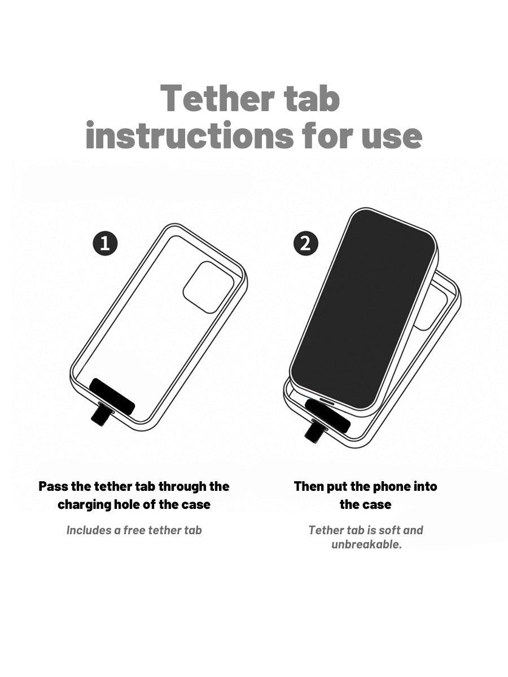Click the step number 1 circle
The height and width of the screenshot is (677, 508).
point(105,243)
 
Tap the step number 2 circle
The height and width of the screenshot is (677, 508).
point(305,244)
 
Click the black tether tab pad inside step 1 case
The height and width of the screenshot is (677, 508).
point(112,397)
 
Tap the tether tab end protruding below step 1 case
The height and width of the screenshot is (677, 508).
point(99,417)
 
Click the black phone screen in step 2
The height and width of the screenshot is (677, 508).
point(363,308)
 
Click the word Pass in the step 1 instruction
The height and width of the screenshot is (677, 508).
point(53,486)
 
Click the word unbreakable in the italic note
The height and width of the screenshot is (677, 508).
point(367,544)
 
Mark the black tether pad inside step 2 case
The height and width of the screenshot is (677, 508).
point(327,415)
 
